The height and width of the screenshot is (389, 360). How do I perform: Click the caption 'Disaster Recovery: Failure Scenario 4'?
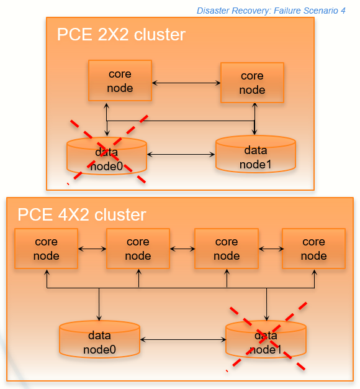point(271,11)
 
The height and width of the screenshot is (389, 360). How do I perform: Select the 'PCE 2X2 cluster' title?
point(121,35)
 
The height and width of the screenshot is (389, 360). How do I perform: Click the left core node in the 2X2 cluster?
point(120,81)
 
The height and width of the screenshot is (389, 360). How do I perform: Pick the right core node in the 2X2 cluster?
point(252,83)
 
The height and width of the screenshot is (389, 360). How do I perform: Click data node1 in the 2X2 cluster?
point(255,156)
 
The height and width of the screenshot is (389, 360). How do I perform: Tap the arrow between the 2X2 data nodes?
point(181,153)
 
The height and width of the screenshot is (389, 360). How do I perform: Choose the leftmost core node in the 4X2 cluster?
point(46,249)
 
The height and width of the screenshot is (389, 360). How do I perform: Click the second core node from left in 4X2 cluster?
point(138,249)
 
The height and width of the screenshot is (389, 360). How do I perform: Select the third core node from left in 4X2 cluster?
point(226,249)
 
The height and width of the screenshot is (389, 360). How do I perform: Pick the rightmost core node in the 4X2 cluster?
point(313,249)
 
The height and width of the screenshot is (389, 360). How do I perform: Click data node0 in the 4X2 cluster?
point(99,341)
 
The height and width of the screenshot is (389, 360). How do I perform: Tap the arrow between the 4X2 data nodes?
point(183,339)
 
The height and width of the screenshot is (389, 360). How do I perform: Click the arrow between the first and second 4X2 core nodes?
point(92,249)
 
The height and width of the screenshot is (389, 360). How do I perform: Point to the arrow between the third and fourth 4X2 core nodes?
point(269,249)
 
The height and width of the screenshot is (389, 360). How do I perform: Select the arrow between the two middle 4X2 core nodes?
point(182,249)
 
